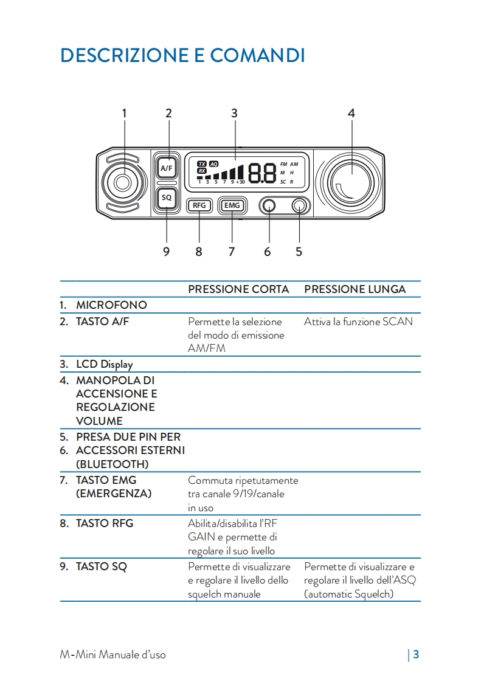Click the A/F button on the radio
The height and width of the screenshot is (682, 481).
click(167, 167)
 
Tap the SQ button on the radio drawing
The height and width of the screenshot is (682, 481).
click(167, 198)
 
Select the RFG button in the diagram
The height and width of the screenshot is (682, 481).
click(199, 205)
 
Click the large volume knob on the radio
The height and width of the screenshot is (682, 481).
click(351, 182)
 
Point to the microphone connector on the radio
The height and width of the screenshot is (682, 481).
click(122, 182)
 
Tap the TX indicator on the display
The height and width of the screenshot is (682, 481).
click(202, 164)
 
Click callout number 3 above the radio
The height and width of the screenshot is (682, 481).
click(234, 113)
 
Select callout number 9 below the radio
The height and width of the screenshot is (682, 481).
click(166, 251)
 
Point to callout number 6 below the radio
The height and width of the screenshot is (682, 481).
click(268, 251)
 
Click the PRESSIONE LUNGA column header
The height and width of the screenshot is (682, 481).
click(355, 289)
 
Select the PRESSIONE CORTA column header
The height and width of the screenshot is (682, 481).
click(238, 289)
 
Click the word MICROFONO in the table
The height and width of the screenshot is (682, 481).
click(111, 305)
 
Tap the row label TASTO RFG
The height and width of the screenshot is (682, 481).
click(104, 523)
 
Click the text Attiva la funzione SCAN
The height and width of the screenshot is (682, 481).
click(358, 322)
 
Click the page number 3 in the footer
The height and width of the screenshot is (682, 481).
click(416, 655)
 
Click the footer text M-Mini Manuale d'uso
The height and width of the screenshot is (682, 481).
click(112, 655)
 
